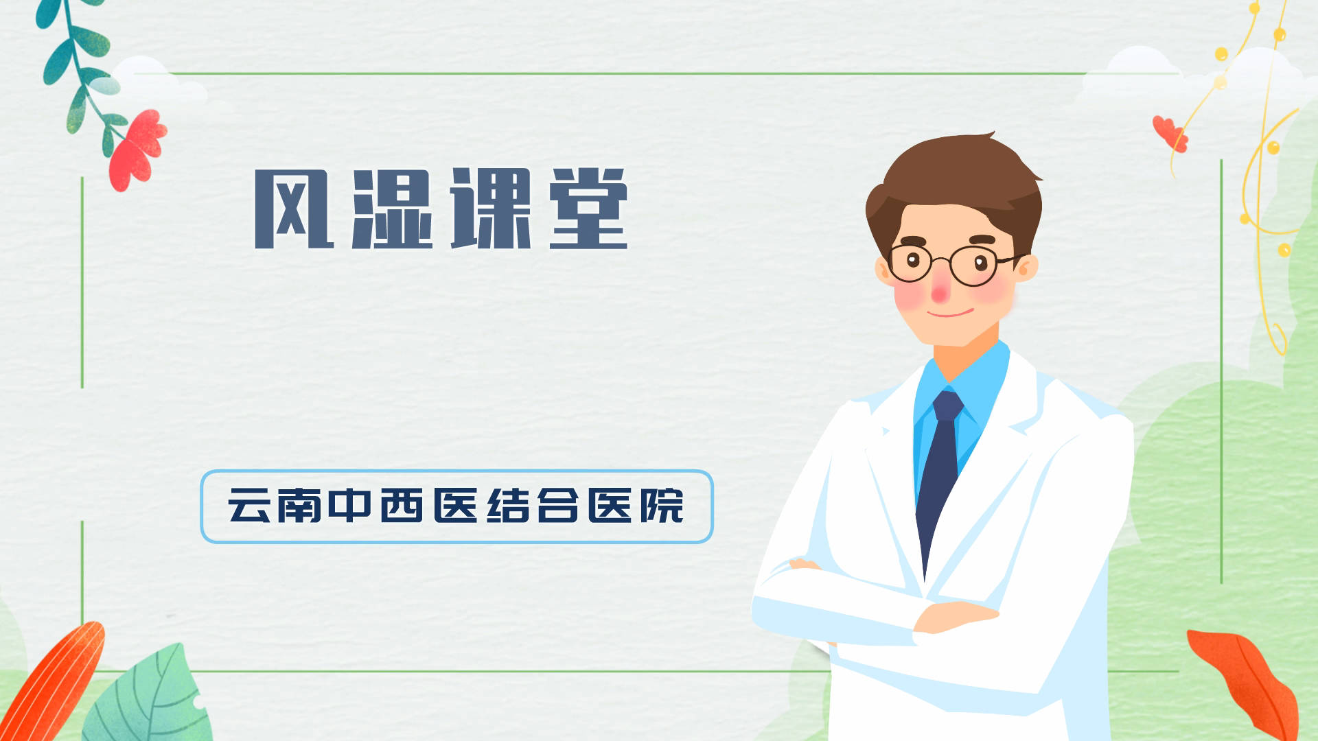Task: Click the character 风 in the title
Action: (x=294, y=209)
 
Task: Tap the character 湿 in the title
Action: (x=392, y=209)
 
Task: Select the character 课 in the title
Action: (x=491, y=209)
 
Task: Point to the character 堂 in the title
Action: (x=588, y=209)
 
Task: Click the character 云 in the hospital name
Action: (x=248, y=506)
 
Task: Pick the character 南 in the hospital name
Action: (x=299, y=506)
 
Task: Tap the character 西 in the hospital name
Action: (x=402, y=506)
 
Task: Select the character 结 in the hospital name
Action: (x=508, y=506)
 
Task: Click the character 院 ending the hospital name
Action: (x=662, y=506)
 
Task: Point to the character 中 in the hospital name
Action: (x=350, y=506)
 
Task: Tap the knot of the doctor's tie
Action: (x=947, y=406)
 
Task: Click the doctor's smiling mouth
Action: (x=950, y=314)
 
